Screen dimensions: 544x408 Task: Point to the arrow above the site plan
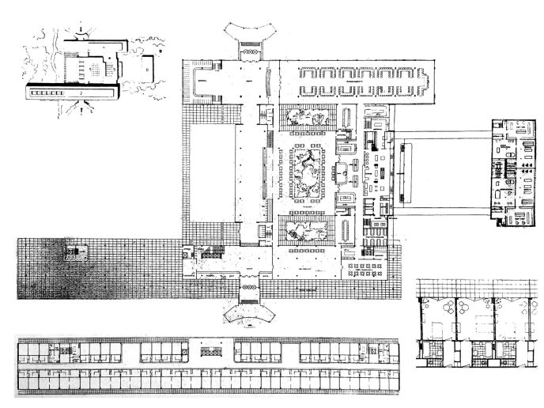point(81,28)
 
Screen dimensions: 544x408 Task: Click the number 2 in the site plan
point(81,93)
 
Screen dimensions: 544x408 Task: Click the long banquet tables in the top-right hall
point(361,80)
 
